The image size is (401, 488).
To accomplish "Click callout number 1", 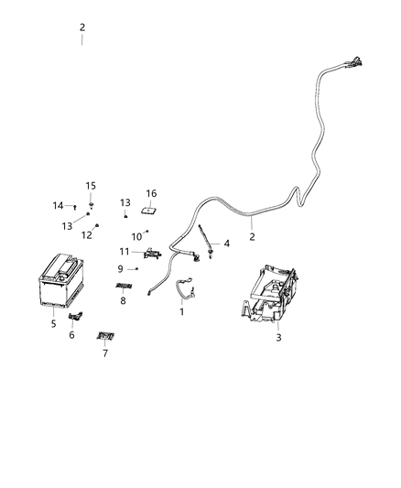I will click(x=181, y=311).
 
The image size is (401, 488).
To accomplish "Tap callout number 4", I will click(x=227, y=244).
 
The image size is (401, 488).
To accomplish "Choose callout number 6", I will click(x=72, y=335).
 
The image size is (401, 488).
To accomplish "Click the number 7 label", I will click(x=104, y=352).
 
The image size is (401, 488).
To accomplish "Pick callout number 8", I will click(x=123, y=299).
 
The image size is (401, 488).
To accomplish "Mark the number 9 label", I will click(x=120, y=268).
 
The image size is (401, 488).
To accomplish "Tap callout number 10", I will click(x=135, y=237).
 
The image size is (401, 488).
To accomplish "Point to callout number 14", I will click(x=58, y=205).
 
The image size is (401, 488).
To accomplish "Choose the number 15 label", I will click(x=91, y=186).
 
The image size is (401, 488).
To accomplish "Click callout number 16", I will click(x=151, y=193).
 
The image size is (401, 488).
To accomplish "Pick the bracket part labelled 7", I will click(x=106, y=336).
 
